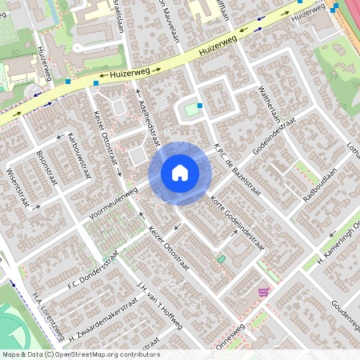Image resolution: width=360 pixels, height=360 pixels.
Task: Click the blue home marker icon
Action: coord(180,172)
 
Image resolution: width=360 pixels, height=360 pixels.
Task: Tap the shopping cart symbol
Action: coord(263,291)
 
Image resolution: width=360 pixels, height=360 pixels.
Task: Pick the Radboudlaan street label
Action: coord(321,185)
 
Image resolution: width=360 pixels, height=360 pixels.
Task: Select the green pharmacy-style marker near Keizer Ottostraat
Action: coord(222,259)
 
